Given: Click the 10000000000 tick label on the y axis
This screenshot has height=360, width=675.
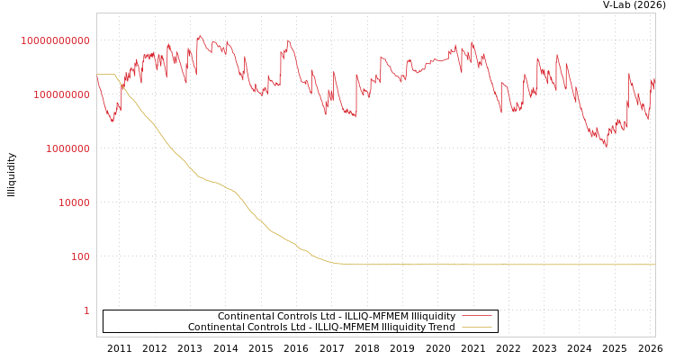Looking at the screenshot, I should (x=55, y=40).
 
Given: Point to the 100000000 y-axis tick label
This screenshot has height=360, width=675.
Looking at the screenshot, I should (x=58, y=94).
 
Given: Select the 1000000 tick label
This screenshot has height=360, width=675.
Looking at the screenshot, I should (x=67, y=148).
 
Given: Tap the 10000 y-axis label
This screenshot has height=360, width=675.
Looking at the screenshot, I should (x=74, y=202).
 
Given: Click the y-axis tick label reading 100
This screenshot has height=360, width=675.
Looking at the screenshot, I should (x=80, y=256).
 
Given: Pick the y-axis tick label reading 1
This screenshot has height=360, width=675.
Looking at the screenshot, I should (x=86, y=310).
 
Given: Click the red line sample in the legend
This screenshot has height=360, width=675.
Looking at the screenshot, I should (x=476, y=316).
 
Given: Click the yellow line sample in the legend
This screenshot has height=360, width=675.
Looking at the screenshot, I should (x=476, y=327).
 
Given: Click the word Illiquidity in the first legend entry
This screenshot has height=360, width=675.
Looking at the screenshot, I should (x=433, y=316).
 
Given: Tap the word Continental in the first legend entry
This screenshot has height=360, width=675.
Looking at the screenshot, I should (x=246, y=316).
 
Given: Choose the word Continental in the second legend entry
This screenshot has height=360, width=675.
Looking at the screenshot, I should (x=216, y=327).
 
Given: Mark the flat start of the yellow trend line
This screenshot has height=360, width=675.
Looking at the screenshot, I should (x=105, y=74).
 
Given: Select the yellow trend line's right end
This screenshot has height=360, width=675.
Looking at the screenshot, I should (x=654, y=265).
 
